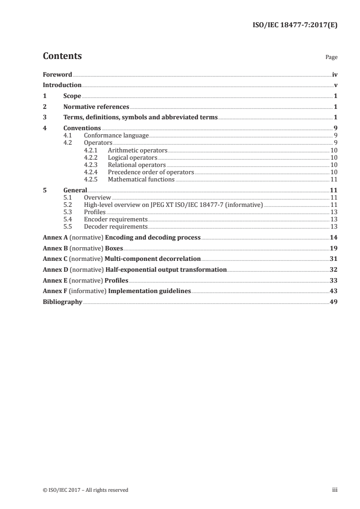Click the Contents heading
click(x=62, y=56)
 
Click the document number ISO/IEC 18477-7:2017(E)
click(x=295, y=25)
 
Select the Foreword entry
click(x=57, y=74)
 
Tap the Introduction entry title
click(x=62, y=85)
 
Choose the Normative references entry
click(x=96, y=107)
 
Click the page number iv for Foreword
click(x=335, y=74)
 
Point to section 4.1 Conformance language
click(x=116, y=135)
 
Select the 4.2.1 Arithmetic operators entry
click(x=138, y=150)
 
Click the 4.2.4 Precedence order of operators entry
click(x=151, y=172)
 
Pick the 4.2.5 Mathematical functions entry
click(x=141, y=179)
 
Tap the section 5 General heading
click(x=75, y=191)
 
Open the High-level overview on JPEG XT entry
click(x=173, y=205)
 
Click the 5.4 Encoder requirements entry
click(x=116, y=220)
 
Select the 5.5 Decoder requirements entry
click(x=116, y=227)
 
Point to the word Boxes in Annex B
click(x=114, y=248)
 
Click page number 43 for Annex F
click(x=334, y=291)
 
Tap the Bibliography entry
click(x=62, y=302)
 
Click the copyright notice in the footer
click(x=85, y=490)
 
